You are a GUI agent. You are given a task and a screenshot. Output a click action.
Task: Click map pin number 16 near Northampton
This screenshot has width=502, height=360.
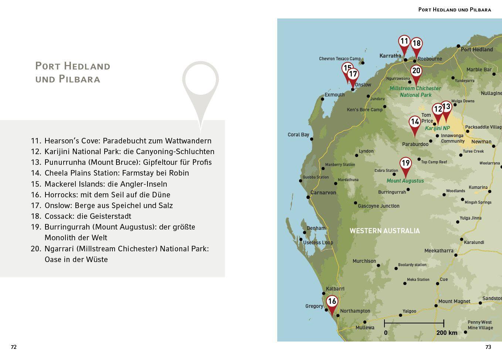(x=332, y=302)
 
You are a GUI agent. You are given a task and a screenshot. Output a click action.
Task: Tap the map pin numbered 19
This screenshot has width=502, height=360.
(x=406, y=163)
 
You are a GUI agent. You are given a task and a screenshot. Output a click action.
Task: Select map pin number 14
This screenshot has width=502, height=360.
(x=415, y=122)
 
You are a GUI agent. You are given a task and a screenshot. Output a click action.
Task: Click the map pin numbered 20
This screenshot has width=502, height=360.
(x=416, y=71)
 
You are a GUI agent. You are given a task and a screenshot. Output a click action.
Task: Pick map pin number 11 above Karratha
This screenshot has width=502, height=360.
(x=404, y=41)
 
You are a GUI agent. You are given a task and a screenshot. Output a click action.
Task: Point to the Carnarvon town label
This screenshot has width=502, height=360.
(x=323, y=193)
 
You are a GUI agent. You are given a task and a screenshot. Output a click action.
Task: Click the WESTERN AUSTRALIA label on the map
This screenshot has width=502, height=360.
(x=384, y=231)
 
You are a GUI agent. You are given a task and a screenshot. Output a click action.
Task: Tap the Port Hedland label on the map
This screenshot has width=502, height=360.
(x=476, y=50)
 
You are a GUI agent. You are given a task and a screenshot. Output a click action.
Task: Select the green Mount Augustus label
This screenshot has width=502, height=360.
(x=405, y=181)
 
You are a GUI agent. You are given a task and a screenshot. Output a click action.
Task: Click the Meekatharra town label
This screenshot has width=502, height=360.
(x=438, y=251)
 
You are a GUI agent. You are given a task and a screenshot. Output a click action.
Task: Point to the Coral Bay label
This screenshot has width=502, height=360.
(x=298, y=135)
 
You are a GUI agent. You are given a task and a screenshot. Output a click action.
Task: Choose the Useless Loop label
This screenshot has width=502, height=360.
(x=318, y=242)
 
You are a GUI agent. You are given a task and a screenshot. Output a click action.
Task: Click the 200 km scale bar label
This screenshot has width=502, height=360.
(x=447, y=333)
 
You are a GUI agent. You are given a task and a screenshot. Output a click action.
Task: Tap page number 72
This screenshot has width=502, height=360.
(x=14, y=347)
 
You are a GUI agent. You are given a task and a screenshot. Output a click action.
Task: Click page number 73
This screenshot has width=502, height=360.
(x=488, y=347)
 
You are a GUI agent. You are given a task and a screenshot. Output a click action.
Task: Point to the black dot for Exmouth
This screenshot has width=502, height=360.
(x=322, y=99)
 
